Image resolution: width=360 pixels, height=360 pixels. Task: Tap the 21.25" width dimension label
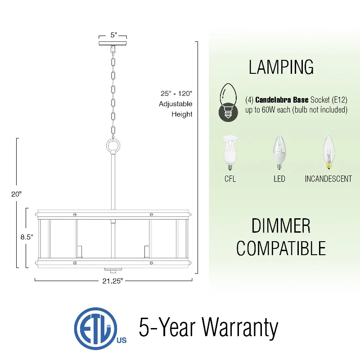[x=112, y=281]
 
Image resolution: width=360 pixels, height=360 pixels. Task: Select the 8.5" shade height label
[x=27, y=237]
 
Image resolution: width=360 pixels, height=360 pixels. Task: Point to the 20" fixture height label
[x=16, y=194]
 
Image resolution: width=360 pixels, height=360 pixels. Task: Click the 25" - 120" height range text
[x=176, y=94]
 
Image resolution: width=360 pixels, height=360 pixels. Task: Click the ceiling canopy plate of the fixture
[x=113, y=43]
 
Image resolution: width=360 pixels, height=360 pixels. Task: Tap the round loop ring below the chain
[x=113, y=146]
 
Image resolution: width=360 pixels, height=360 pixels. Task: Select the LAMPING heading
[x=281, y=67]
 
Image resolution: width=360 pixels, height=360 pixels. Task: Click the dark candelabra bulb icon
[x=228, y=103]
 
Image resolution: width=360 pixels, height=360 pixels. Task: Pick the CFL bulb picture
[x=230, y=153]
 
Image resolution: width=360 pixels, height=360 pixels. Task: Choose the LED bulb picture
[x=279, y=153]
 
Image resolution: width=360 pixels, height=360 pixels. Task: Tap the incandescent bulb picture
[x=328, y=153]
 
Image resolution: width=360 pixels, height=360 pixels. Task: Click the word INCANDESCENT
[x=328, y=179]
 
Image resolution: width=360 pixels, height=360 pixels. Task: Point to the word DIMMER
[x=281, y=226]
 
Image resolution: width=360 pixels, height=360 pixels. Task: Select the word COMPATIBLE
[x=281, y=248]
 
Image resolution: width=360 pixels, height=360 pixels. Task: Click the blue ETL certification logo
[x=99, y=328]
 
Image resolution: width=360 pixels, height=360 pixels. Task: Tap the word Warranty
[x=240, y=328]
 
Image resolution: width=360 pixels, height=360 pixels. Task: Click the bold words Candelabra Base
[x=282, y=100]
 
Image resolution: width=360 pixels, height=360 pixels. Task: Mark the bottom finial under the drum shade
[x=113, y=270]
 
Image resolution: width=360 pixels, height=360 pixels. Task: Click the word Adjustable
[x=175, y=104]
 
